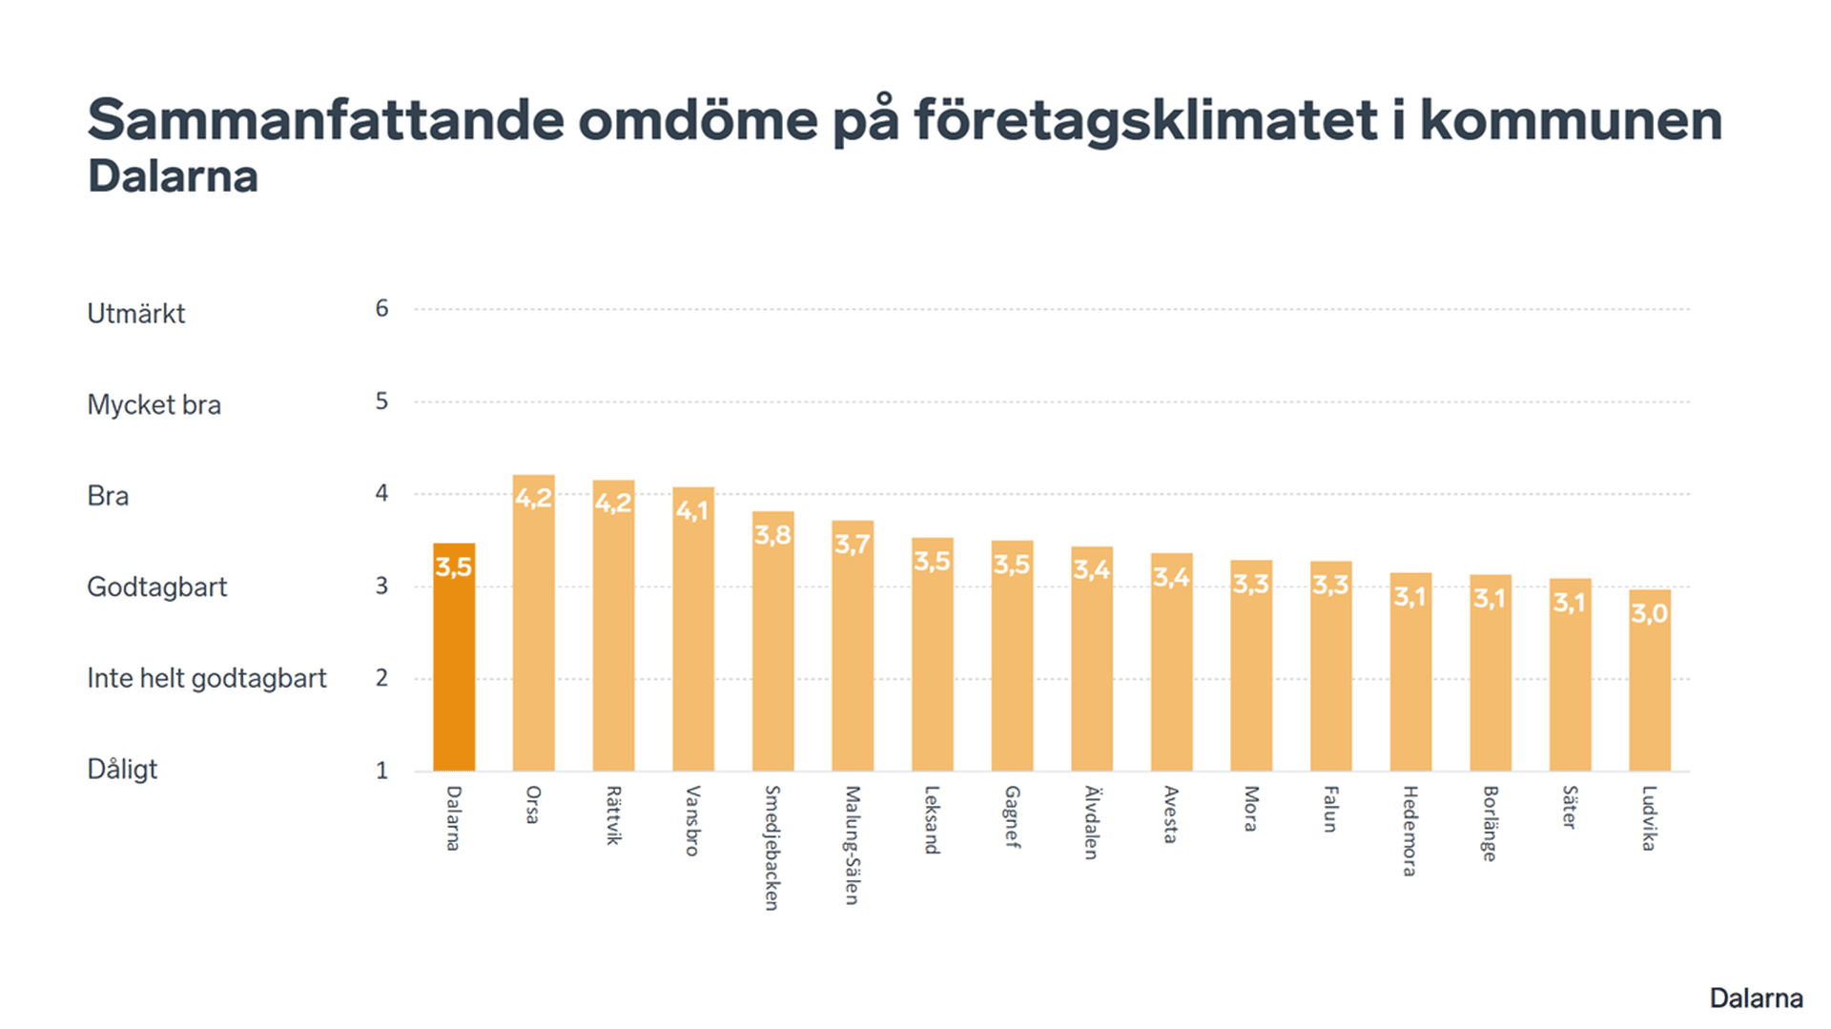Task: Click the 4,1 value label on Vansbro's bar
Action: pyautogui.click(x=692, y=510)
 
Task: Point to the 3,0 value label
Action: pyautogui.click(x=1649, y=612)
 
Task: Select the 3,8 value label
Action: pyautogui.click(x=772, y=534)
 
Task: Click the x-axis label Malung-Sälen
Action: pyautogui.click(x=853, y=845)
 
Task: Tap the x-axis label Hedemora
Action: pyautogui.click(x=1409, y=831)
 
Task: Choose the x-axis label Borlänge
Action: pyautogui.click(x=1490, y=823)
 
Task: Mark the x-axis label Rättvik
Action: pyautogui.click(x=613, y=815)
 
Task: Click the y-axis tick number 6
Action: pyautogui.click(x=381, y=308)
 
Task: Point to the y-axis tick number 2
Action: pyautogui.click(x=381, y=678)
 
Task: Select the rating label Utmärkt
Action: pyautogui.click(x=135, y=314)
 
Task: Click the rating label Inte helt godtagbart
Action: pyautogui.click(x=206, y=678)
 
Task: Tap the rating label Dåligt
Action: pyautogui.click(x=122, y=770)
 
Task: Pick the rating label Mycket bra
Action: pyautogui.click(x=154, y=405)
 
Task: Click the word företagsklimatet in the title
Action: pyautogui.click(x=1145, y=122)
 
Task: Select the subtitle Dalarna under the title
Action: pyautogui.click(x=173, y=177)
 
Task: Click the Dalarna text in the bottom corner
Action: pyautogui.click(x=1756, y=998)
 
